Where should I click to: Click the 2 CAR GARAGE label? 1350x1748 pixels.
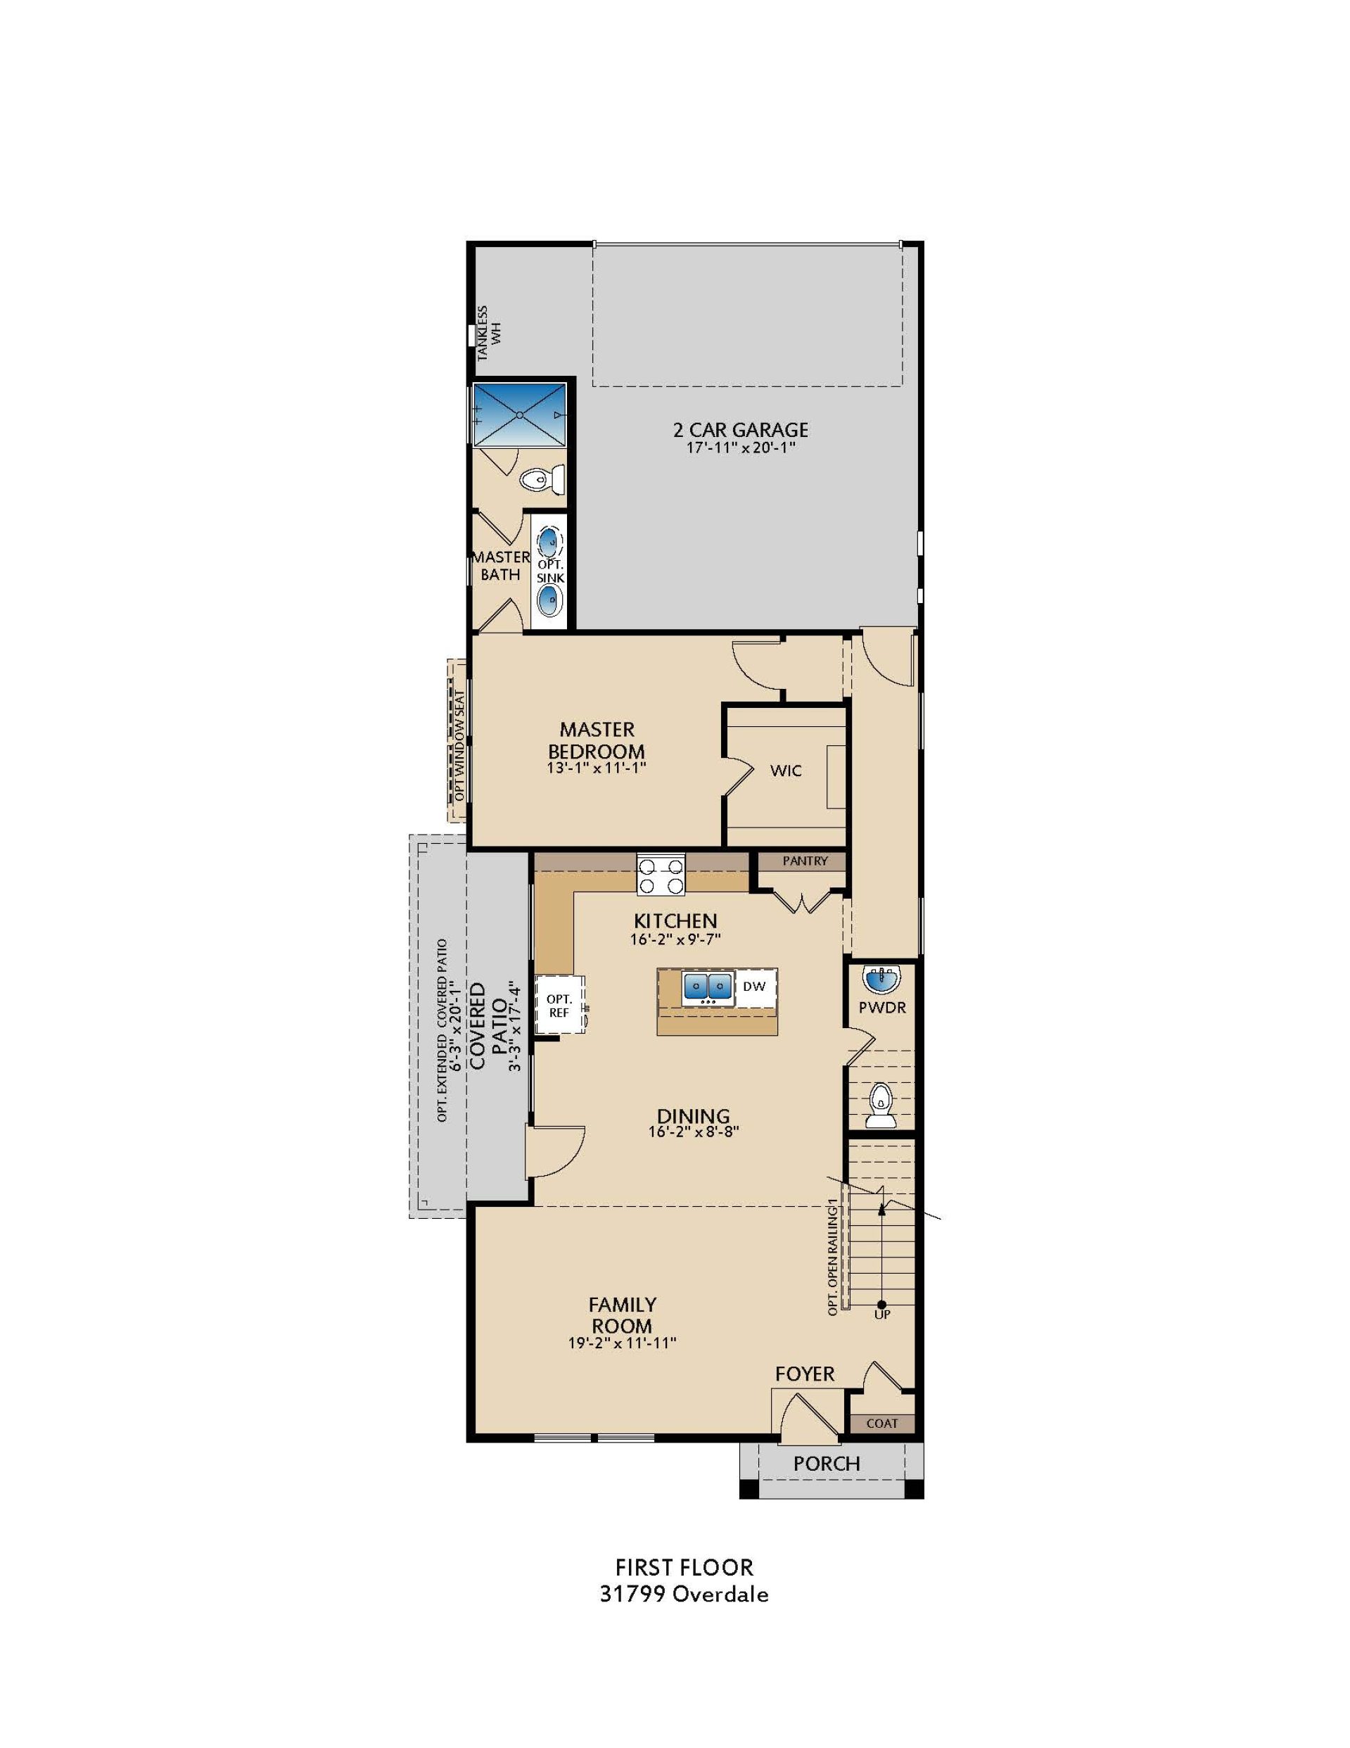coord(740,431)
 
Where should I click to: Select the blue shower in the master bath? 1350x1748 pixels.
coord(519,414)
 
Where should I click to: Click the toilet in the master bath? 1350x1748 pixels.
coord(542,480)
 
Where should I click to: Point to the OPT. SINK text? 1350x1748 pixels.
coord(551,571)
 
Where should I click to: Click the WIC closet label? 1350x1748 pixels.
coord(786,771)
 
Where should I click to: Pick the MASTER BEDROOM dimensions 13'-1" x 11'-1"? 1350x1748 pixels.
coord(596,768)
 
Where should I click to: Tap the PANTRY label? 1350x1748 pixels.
coord(804,861)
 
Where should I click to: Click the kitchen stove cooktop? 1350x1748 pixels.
coord(661,875)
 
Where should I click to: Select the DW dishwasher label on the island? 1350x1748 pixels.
coord(754,986)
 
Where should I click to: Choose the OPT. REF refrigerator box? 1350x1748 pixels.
coord(559,1006)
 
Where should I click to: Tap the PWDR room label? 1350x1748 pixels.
coord(882,1008)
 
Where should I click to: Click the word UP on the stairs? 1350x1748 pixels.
coord(882,1315)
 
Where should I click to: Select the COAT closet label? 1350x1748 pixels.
coord(882,1424)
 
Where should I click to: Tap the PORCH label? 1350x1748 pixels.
coord(827,1464)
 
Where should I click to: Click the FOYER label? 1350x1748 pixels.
coord(804,1374)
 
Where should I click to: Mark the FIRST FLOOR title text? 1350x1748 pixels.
coord(684,1589)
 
